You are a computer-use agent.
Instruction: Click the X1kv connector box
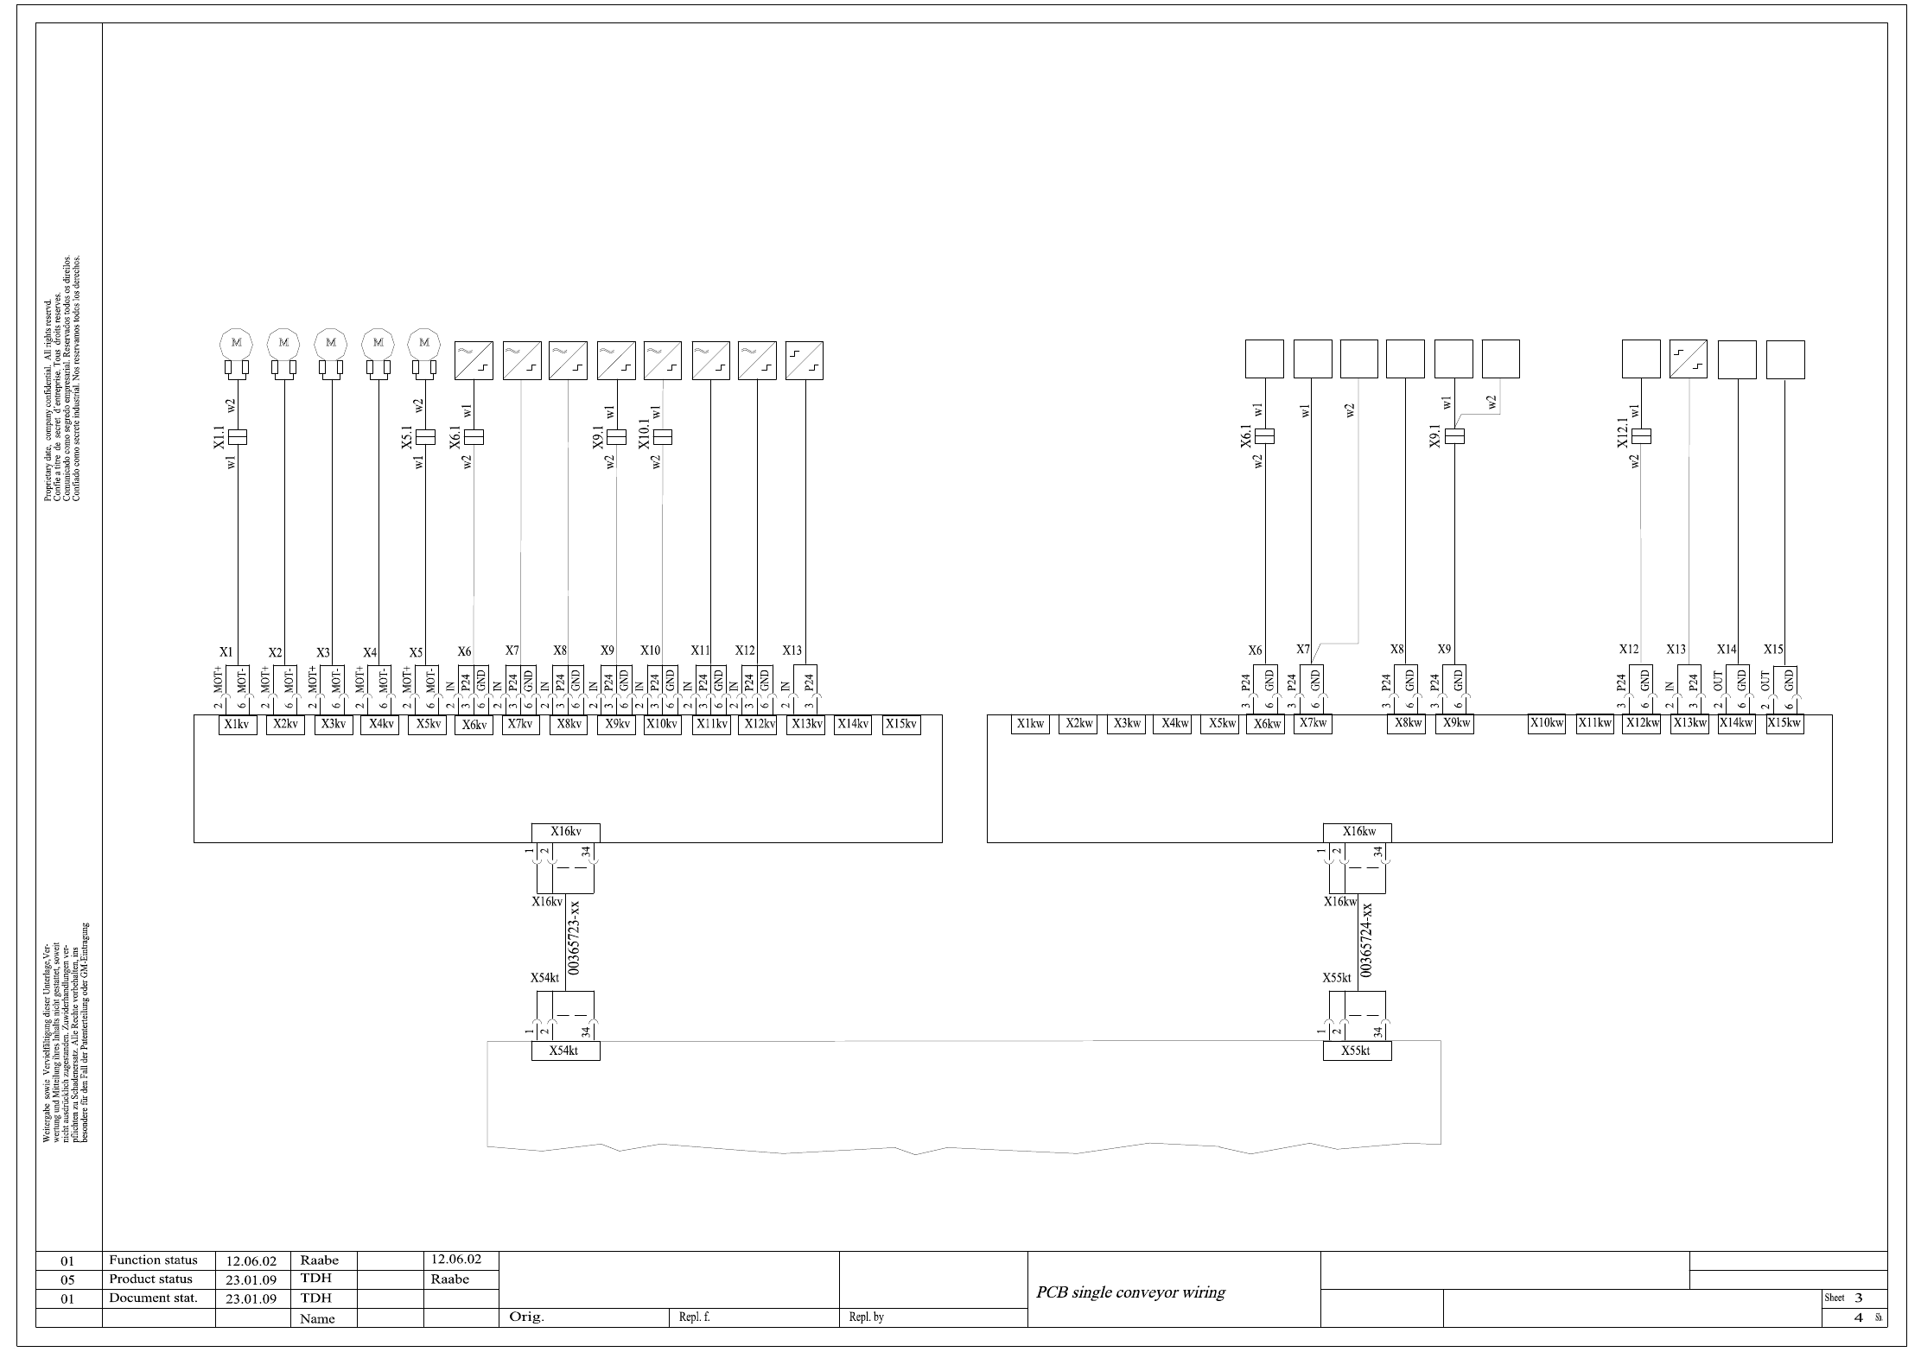pyautogui.click(x=237, y=725)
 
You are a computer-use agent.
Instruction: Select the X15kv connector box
pyautogui.click(x=900, y=725)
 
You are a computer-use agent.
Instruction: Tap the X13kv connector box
pyautogui.click(x=805, y=725)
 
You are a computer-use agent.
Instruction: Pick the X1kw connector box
pyautogui.click(x=1030, y=724)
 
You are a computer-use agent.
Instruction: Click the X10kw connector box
pyautogui.click(x=1547, y=724)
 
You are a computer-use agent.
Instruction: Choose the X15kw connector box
pyautogui.click(x=1784, y=724)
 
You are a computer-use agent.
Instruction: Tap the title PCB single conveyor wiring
pyautogui.click(x=1130, y=1293)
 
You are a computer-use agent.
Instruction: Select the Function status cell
pyautogui.click(x=154, y=1260)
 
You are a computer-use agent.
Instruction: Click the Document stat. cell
pyautogui.click(x=154, y=1298)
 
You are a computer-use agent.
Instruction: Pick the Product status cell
pyautogui.click(x=151, y=1279)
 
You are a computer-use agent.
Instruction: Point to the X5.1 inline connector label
pyautogui.click(x=407, y=437)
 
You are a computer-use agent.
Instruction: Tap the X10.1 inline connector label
pyautogui.click(x=644, y=437)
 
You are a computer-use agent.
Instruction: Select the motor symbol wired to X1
pyautogui.click(x=236, y=343)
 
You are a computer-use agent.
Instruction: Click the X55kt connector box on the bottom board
pyautogui.click(x=1357, y=1051)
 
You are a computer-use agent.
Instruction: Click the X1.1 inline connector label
pyautogui.click(x=219, y=437)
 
